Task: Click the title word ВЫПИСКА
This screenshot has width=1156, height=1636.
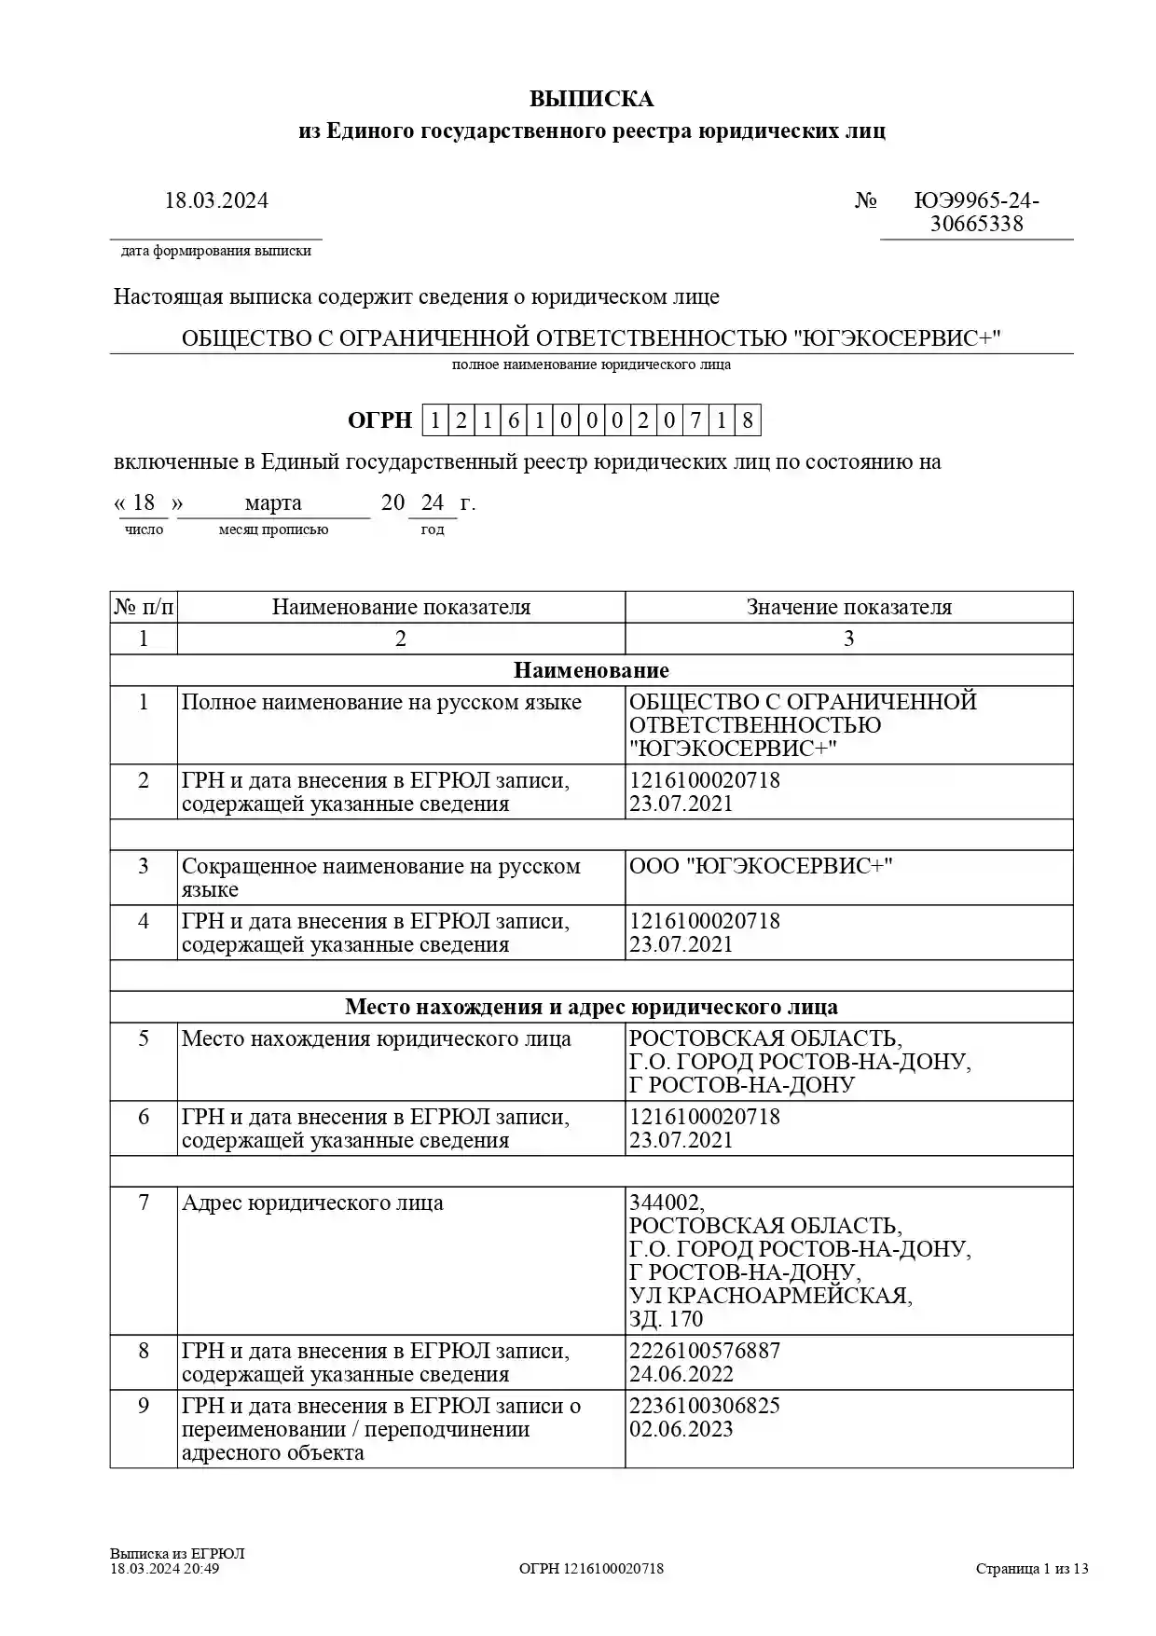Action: [591, 99]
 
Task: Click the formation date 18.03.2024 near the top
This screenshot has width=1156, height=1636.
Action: [216, 200]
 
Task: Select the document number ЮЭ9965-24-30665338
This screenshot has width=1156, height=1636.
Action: [976, 213]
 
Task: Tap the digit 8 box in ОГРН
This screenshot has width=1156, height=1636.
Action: [748, 420]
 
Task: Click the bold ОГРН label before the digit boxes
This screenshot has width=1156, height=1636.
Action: [379, 420]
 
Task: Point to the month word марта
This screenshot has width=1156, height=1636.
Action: [273, 503]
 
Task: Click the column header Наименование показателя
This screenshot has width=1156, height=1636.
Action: [401, 607]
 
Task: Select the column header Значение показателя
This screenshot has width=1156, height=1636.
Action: [848, 607]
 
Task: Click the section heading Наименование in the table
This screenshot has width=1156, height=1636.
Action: [591, 670]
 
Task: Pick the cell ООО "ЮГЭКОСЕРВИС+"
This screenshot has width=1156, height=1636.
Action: [761, 866]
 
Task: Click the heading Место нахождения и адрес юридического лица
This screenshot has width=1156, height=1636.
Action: [591, 1007]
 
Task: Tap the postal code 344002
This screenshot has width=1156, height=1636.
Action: [667, 1203]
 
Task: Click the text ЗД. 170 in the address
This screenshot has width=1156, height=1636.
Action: [666, 1319]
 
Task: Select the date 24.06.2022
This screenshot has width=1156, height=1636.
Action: [681, 1374]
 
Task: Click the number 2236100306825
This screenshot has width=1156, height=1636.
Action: [705, 1406]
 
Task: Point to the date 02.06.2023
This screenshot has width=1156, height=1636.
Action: [681, 1429]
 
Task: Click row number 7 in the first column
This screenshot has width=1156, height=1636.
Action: [144, 1203]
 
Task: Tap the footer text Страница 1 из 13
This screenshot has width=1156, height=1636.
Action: [1032, 1569]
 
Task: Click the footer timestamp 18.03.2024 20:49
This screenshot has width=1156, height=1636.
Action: [165, 1569]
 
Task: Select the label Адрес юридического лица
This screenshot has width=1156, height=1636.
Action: [312, 1203]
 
